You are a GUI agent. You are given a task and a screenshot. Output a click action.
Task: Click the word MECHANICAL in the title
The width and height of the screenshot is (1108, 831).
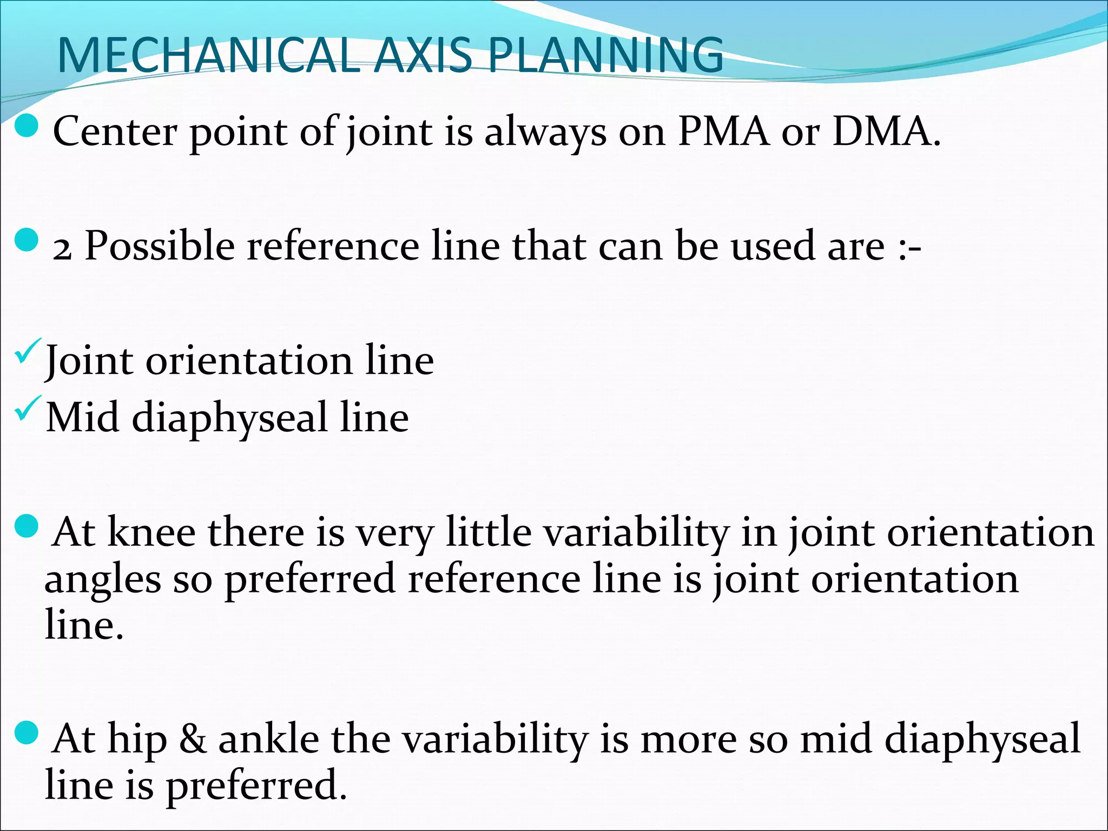coord(208,55)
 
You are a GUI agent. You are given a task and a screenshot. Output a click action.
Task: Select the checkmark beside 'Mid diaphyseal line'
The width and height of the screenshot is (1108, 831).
coord(29,408)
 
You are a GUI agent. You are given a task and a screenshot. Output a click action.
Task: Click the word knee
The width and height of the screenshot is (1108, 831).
coord(151,532)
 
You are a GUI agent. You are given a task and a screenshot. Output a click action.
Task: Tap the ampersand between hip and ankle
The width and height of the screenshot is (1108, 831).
coord(193,739)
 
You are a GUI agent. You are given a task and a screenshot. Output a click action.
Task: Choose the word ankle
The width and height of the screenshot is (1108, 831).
coord(268,739)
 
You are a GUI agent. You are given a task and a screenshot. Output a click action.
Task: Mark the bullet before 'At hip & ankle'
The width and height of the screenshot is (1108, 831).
coord(26,733)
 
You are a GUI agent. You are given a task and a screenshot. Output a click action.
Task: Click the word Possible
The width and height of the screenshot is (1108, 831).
coord(160,247)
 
